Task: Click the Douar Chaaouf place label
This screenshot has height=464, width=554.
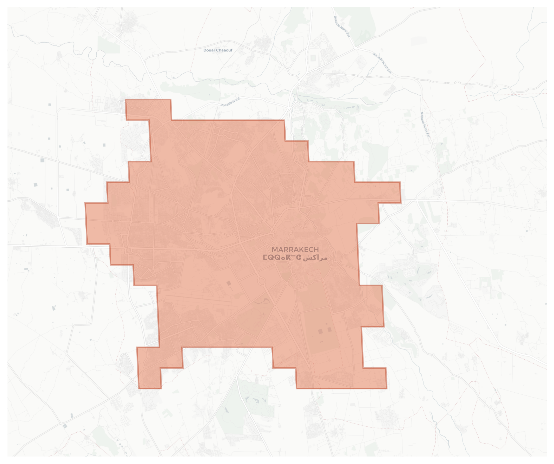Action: tap(218, 50)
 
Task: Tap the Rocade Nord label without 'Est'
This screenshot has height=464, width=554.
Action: tap(230, 102)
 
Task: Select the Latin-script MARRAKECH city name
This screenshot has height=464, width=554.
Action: tap(295, 250)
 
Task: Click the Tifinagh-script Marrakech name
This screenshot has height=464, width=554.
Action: tap(282, 257)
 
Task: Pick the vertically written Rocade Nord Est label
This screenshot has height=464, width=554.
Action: tap(425, 125)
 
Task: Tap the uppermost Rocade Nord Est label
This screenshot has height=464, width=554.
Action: tap(342, 26)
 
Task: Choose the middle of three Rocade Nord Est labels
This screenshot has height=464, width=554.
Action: tap(382, 63)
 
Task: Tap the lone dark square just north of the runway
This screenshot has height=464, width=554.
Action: tap(229, 283)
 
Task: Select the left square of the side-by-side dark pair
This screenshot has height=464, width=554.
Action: tap(320, 331)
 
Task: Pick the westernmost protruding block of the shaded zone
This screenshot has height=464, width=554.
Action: tap(97, 223)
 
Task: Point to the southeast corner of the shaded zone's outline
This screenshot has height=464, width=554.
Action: tap(387, 388)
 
